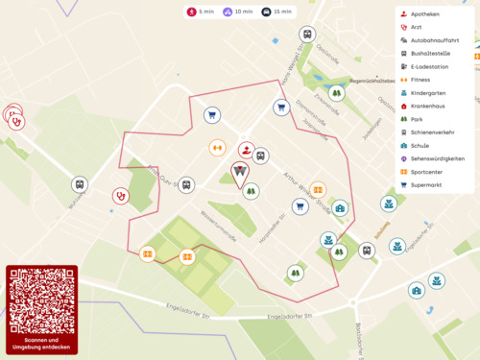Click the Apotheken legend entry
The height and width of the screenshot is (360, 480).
424,14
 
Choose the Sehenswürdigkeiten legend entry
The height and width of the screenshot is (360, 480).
437,157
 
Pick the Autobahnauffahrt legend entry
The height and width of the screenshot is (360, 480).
434,41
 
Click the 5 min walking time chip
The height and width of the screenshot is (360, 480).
200,12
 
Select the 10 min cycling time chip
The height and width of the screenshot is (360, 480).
239,12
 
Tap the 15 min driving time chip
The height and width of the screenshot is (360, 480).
277,12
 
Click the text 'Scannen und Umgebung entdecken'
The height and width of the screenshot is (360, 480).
40,344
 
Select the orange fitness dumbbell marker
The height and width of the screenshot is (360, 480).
218,148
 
